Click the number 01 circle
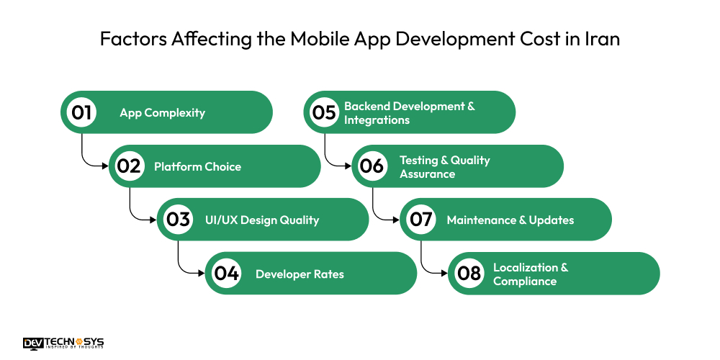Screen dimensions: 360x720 (81, 112)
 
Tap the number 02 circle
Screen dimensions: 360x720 (129, 166)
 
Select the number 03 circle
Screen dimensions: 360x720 (178, 220)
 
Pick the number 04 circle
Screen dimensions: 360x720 (226, 274)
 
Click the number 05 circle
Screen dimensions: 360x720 (324, 112)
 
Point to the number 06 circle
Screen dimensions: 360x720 (372, 166)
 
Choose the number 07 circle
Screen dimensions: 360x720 (420, 220)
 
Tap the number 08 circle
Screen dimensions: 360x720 (469, 274)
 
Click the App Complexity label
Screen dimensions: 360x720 (162, 112)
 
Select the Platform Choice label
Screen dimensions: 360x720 (197, 166)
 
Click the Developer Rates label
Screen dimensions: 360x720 (300, 274)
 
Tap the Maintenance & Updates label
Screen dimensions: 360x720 (510, 220)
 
